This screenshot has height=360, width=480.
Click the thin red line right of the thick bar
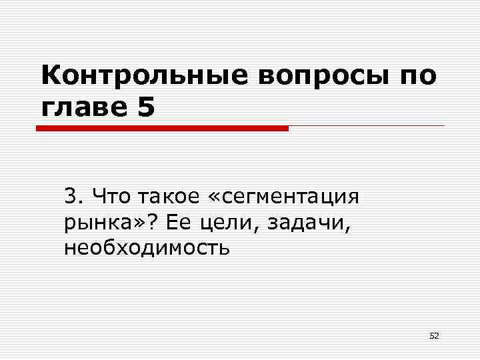(367, 125)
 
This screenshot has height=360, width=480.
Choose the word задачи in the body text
(307, 223)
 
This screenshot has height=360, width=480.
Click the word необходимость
(147, 248)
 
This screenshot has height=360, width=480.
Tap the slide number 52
(434, 336)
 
